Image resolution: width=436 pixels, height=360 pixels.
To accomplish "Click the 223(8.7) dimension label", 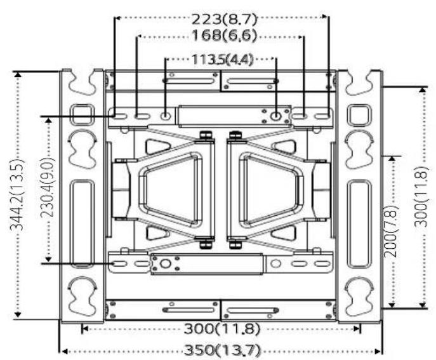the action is point(224,19).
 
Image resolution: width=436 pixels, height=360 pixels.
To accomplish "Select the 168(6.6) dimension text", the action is point(224,36).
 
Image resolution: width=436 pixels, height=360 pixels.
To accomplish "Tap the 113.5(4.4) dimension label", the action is point(222,59).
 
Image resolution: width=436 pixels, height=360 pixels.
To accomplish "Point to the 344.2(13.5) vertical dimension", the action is point(17,194).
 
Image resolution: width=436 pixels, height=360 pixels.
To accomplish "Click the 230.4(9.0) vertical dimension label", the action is point(48,187).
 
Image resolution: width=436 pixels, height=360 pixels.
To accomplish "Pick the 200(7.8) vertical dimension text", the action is point(392,231).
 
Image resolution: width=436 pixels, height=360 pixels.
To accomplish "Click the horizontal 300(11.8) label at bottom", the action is point(222,329).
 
